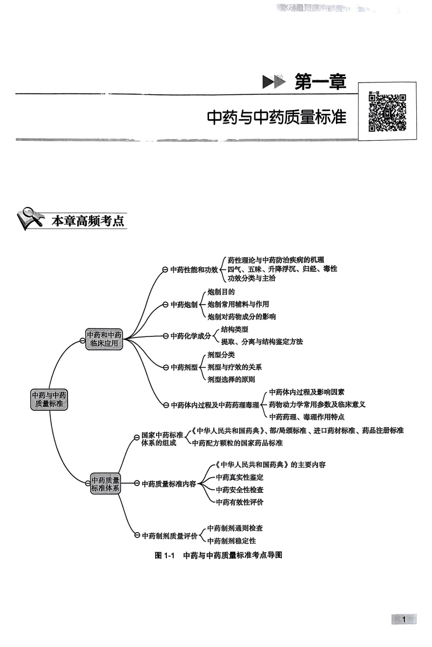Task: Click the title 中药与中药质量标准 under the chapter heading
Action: [276, 118]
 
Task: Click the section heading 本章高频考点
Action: [87, 221]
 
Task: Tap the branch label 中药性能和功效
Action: [194, 269]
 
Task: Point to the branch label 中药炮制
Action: [184, 305]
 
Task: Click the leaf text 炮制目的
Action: [221, 292]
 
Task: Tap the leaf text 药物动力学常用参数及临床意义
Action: [318, 404]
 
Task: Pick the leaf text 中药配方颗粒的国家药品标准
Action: [237, 443]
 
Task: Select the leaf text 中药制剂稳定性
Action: [232, 540]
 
